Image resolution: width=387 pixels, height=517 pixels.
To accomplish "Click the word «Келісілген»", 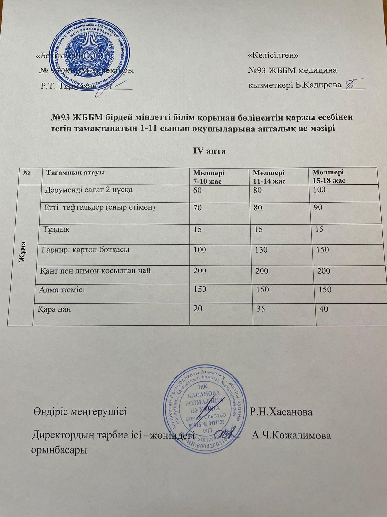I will [273, 55].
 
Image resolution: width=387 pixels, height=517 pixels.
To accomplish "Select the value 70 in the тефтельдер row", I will [197, 208].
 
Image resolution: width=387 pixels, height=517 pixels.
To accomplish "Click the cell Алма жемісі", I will [62, 290].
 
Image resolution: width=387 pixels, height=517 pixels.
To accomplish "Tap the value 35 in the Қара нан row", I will [261, 309].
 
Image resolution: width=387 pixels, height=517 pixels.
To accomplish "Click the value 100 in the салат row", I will [319, 190].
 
